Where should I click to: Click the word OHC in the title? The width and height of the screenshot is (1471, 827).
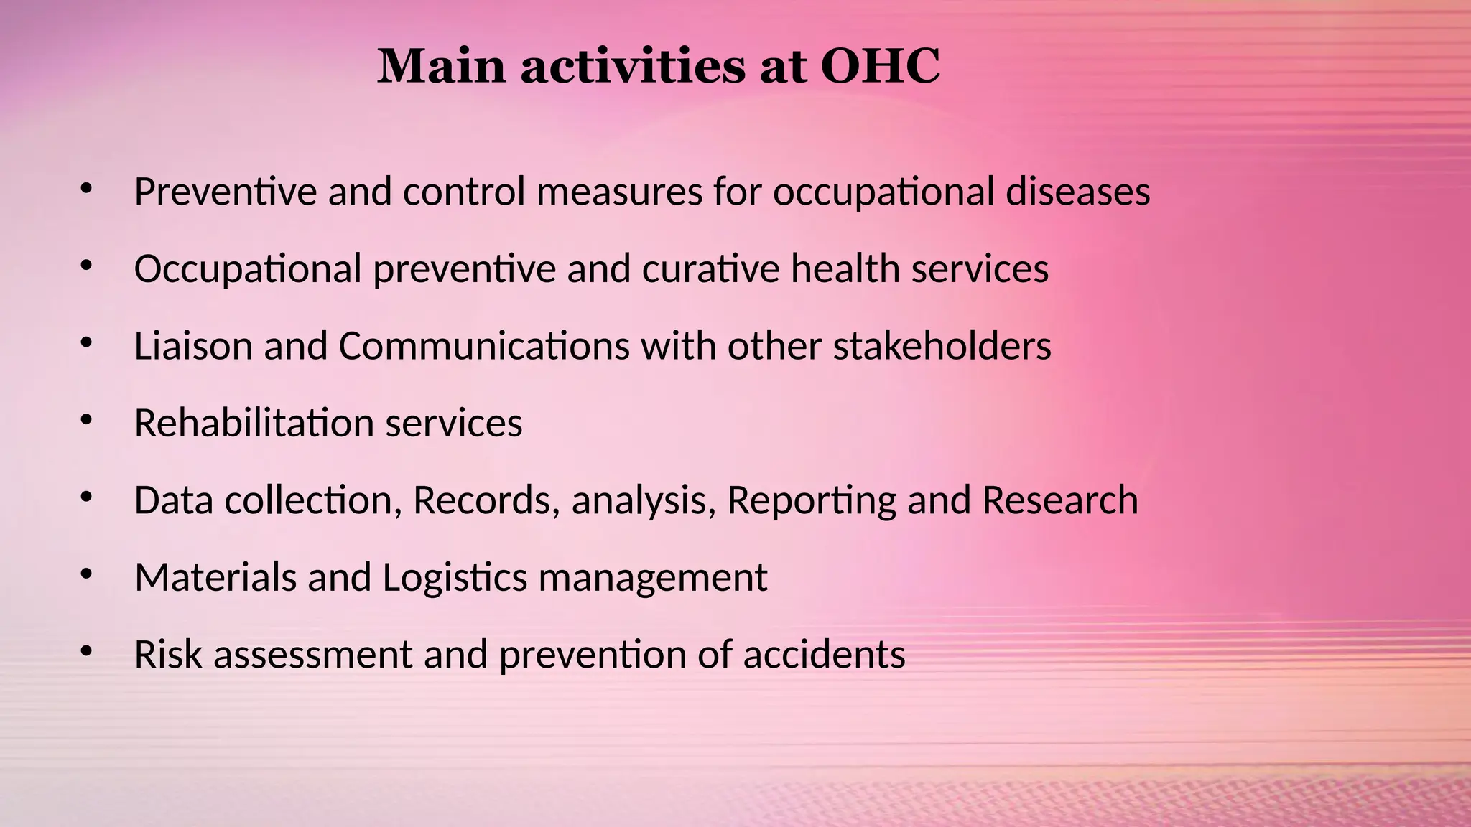click(x=880, y=66)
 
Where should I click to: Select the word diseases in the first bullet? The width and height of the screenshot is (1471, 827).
click(x=1077, y=192)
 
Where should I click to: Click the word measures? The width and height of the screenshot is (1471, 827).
click(x=619, y=192)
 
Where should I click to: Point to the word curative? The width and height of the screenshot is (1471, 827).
click(x=710, y=269)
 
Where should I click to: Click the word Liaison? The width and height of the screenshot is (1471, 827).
click(x=193, y=346)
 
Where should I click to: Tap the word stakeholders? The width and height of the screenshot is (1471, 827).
click(x=942, y=346)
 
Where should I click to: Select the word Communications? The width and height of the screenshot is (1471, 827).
click(x=484, y=346)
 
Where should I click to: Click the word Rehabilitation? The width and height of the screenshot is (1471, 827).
click(x=254, y=423)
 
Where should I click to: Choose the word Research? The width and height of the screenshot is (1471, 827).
click(x=1059, y=500)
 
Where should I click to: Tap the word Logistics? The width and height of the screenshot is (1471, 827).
click(x=455, y=579)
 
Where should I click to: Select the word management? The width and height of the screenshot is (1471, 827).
click(x=652, y=579)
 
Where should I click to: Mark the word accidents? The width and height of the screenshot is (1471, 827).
click(x=824, y=655)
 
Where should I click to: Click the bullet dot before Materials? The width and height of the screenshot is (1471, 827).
click(x=87, y=574)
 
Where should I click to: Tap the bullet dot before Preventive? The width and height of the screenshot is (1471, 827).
click(x=87, y=190)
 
